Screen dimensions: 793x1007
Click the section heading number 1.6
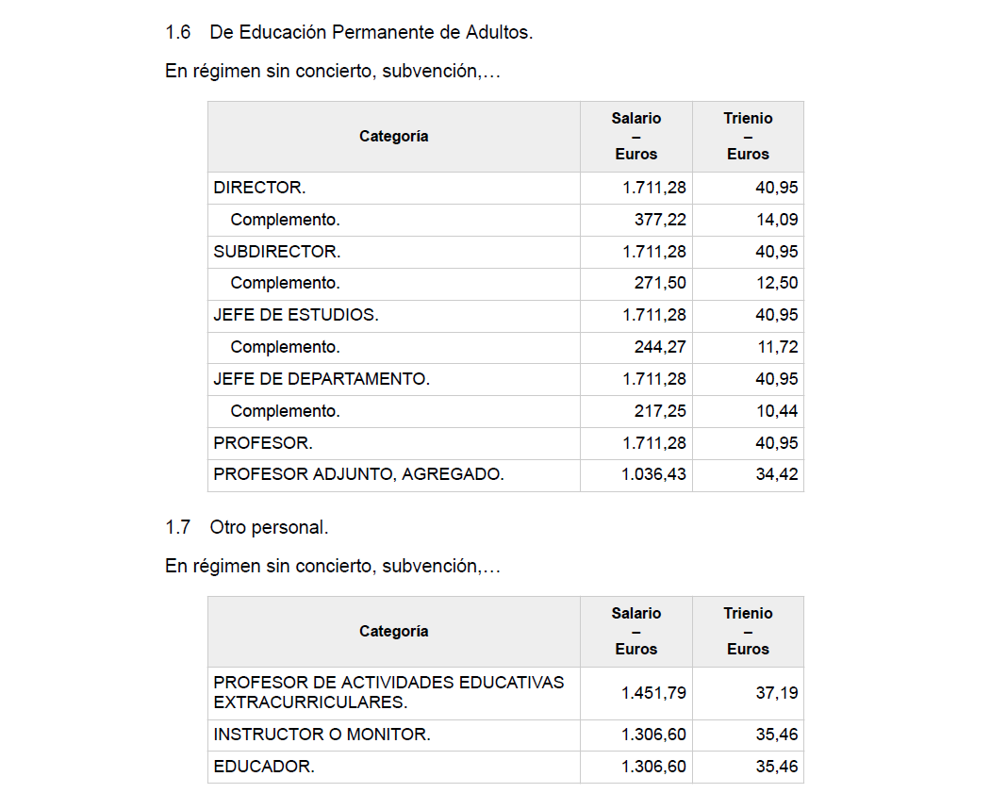tap(177, 33)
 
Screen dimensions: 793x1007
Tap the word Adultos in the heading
tap(499, 33)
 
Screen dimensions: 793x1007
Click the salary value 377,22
tap(660, 220)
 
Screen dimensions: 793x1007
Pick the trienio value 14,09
tap(777, 220)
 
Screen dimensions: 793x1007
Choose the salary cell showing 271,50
tap(660, 283)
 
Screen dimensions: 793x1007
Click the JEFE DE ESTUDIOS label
tap(296, 315)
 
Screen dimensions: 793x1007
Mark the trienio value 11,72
tap(777, 347)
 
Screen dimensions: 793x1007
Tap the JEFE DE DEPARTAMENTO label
tap(322, 379)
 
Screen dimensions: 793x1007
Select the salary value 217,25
tap(660, 411)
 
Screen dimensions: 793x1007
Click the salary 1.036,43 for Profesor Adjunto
tap(653, 474)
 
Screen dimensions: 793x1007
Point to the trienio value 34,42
tap(777, 474)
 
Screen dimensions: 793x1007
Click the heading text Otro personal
tap(269, 528)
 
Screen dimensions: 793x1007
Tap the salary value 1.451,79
tap(653, 693)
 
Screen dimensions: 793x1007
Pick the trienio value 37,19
tap(777, 693)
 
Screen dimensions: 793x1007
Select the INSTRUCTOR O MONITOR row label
tap(322, 735)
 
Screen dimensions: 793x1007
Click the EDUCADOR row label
tap(264, 767)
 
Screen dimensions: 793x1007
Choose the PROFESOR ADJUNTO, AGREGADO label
tap(358, 474)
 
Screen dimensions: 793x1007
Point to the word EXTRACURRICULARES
tap(310, 702)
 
